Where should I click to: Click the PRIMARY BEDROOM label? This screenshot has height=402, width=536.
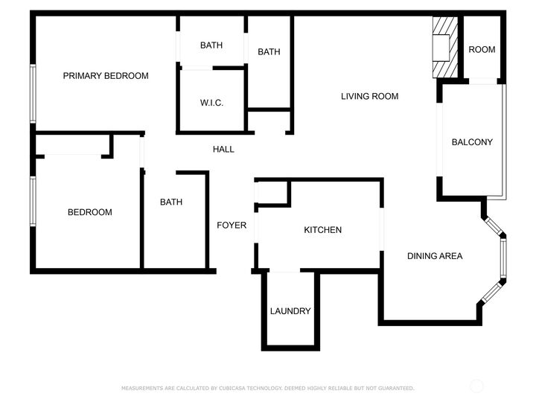[105, 76]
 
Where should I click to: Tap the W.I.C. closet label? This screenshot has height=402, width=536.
[211, 103]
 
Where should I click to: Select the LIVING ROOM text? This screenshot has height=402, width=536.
[369, 96]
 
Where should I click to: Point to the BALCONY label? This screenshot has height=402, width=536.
[472, 142]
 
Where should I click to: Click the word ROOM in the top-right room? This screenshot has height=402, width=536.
[482, 50]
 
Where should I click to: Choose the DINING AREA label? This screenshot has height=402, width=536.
[435, 256]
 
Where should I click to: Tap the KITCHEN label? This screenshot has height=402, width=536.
[322, 230]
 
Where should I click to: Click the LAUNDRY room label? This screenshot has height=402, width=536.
[290, 311]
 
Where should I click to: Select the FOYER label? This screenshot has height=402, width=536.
[232, 225]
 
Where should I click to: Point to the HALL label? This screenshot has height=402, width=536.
[223, 150]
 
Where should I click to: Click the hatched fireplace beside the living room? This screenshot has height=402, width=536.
[444, 47]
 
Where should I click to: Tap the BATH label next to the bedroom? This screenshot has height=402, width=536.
[171, 202]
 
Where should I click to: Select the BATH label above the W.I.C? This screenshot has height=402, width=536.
[211, 45]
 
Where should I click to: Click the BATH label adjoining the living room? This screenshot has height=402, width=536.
[269, 52]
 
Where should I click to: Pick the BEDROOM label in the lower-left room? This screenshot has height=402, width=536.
[90, 212]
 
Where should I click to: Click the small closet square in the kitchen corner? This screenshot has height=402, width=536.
[272, 192]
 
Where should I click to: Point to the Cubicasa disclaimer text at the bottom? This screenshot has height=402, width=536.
[268, 388]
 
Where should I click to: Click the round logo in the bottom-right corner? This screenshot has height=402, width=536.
[476, 386]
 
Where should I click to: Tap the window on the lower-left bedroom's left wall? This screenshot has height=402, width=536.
[32, 200]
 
